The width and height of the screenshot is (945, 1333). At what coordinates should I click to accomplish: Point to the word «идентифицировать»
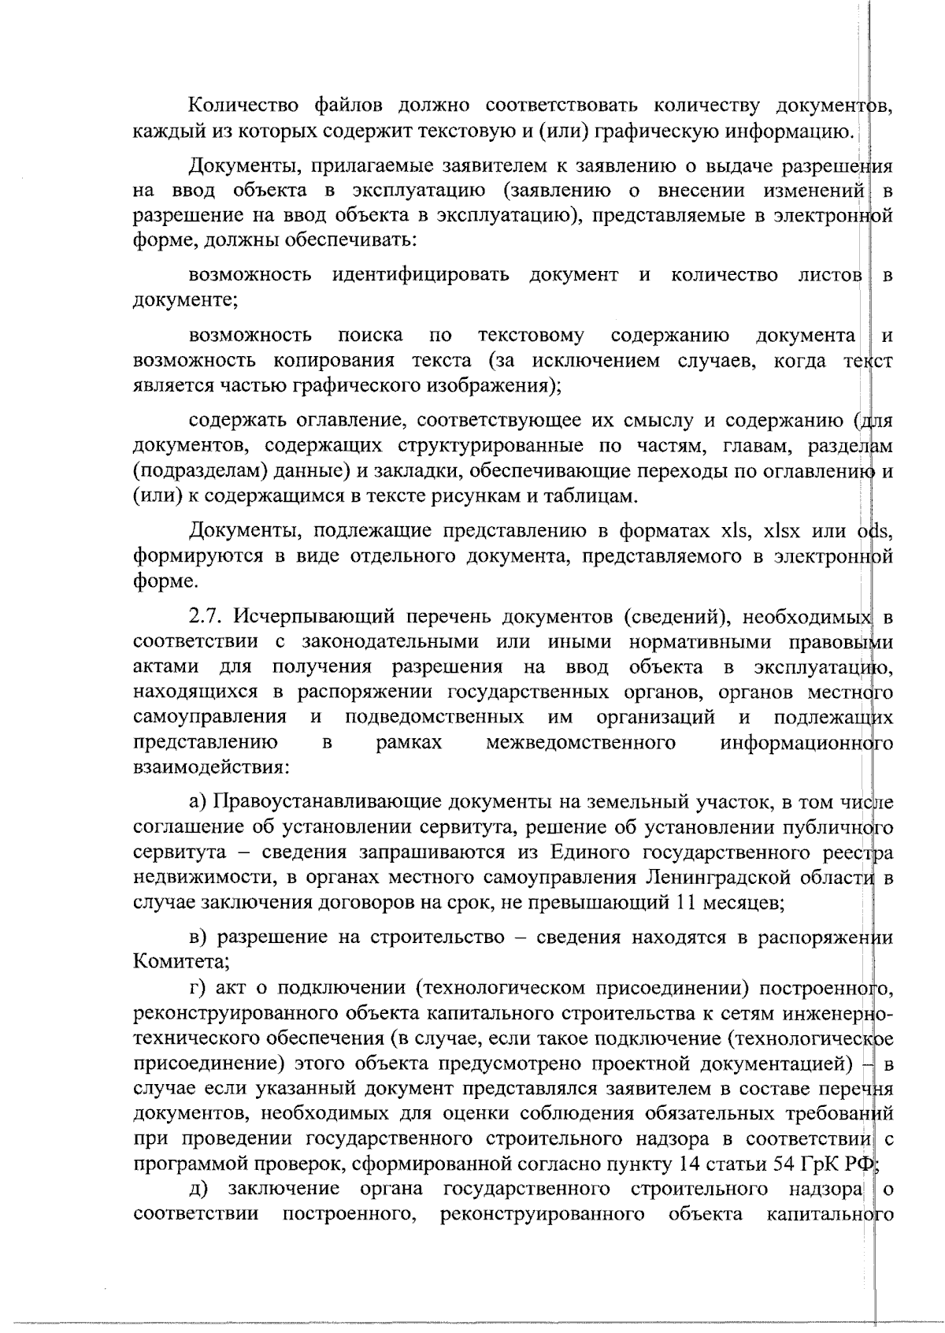point(421,275)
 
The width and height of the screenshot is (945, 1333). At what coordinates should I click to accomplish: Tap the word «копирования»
point(333,361)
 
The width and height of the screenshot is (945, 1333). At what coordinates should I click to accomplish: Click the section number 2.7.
point(206,615)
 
